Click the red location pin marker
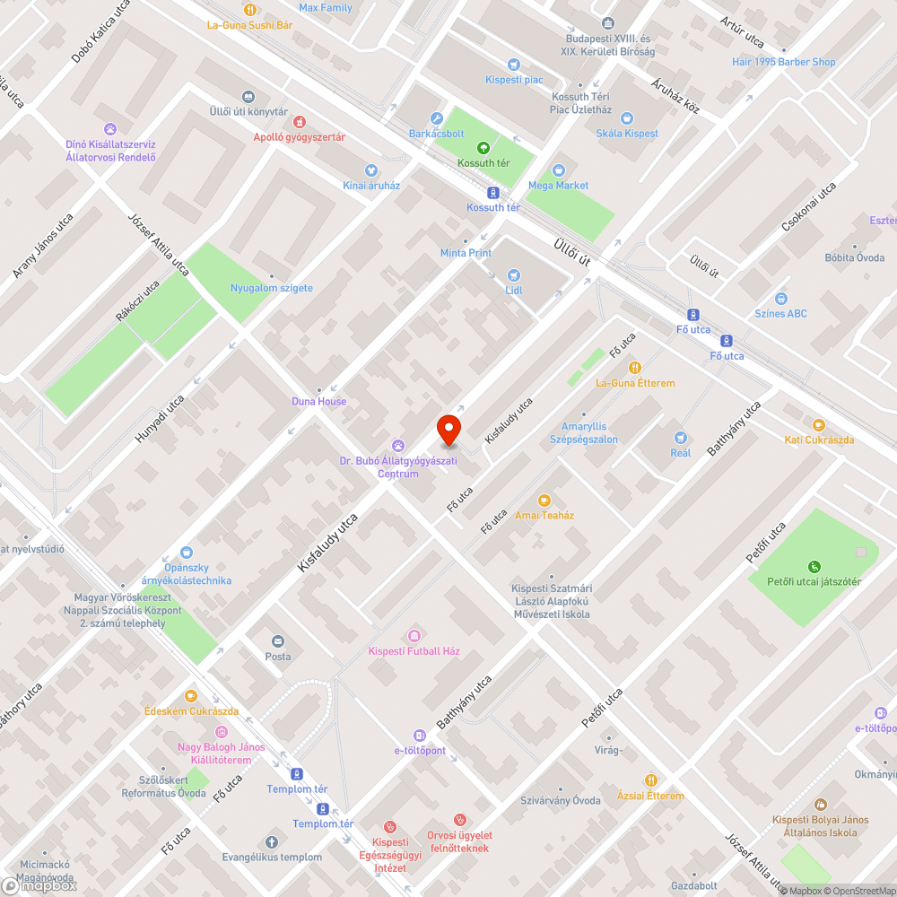point(448,430)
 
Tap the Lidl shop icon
point(514,275)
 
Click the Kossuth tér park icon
point(483,148)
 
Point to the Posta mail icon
point(277,641)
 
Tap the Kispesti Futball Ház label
point(414,650)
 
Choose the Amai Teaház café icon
point(544,501)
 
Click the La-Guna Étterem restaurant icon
point(635,368)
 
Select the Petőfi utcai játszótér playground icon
point(814,566)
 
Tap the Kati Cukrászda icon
point(818,424)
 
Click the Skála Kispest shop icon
point(627,118)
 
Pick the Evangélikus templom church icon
point(272,842)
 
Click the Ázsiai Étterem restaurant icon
point(650,780)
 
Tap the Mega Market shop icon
point(559,170)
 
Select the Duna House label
point(318,401)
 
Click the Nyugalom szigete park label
point(272,288)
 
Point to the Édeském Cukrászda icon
point(191,696)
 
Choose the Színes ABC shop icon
point(781,299)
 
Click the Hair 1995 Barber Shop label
point(783,62)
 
